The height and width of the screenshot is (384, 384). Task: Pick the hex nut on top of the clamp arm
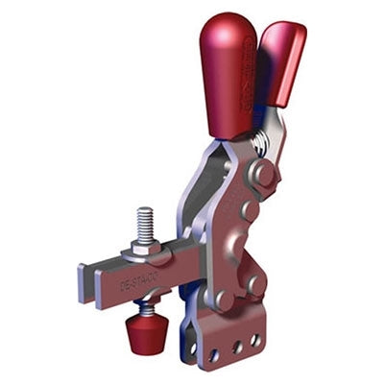(x=144, y=247)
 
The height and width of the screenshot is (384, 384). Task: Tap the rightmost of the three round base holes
(x=255, y=338)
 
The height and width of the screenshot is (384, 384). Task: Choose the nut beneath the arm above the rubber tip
(x=144, y=308)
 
